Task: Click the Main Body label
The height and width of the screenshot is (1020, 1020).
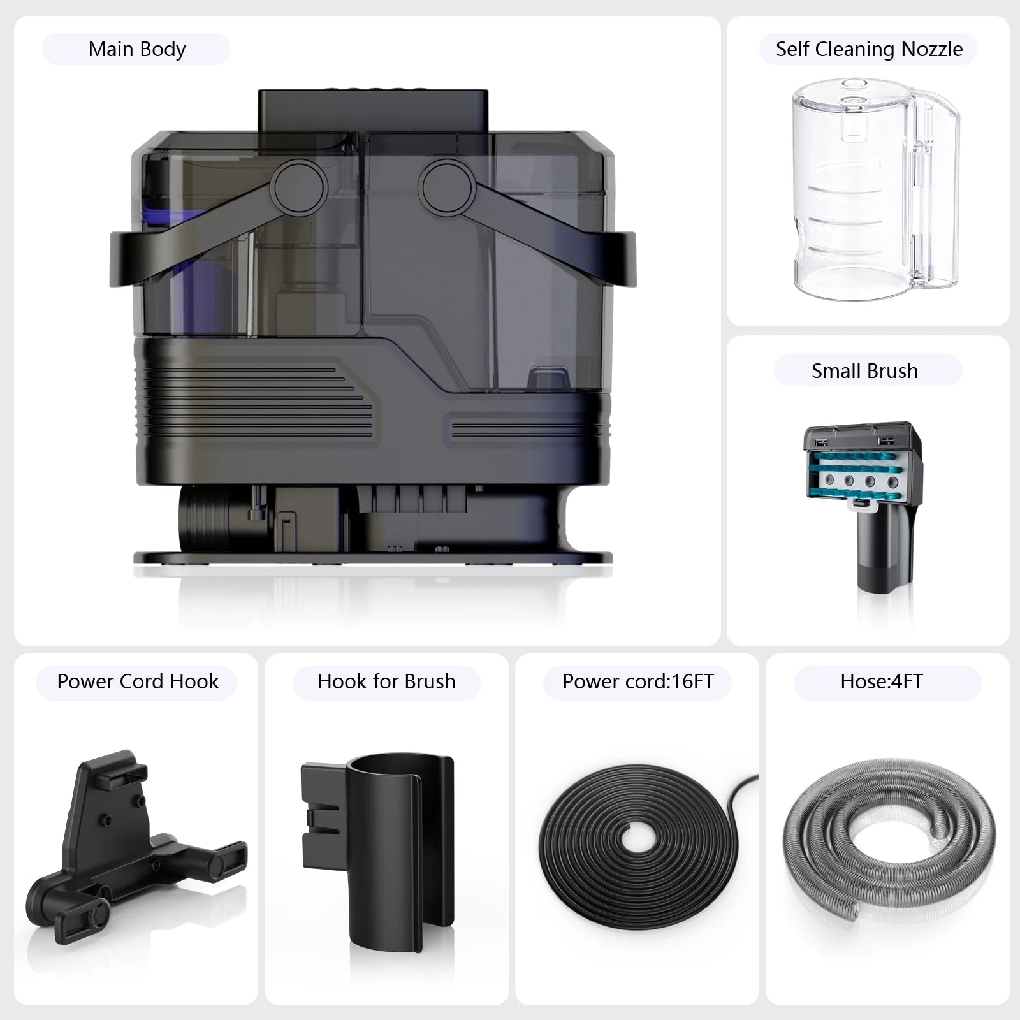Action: click(x=136, y=49)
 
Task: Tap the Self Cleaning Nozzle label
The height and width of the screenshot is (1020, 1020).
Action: click(x=869, y=49)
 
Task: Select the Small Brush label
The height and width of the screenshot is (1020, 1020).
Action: click(x=864, y=371)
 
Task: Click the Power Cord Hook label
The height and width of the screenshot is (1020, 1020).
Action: click(x=138, y=681)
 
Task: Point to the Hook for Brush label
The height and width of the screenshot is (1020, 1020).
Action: click(x=386, y=681)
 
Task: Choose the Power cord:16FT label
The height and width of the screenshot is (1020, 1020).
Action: click(x=637, y=681)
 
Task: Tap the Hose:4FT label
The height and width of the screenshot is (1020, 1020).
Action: click(x=881, y=681)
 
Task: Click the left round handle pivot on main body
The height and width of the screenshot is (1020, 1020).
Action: click(x=298, y=186)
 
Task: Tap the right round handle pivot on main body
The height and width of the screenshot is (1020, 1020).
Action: click(x=446, y=186)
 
